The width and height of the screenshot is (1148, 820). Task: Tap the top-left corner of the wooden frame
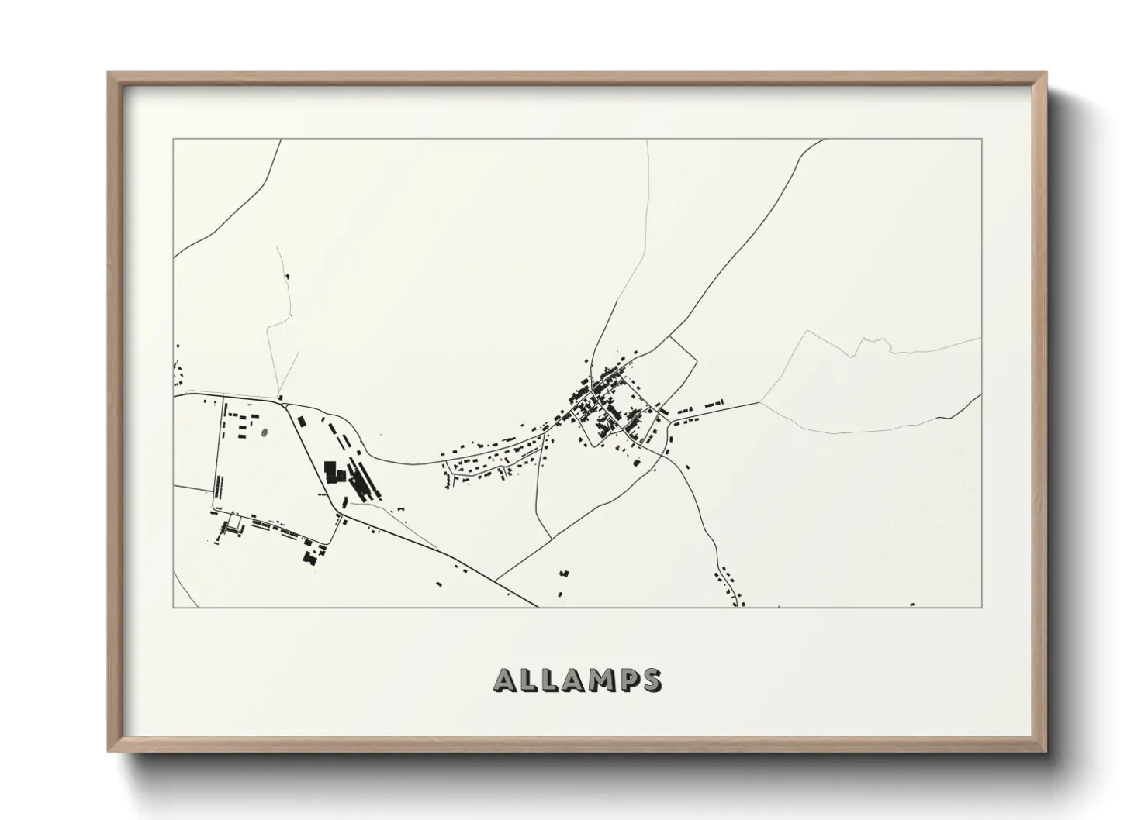click(109, 74)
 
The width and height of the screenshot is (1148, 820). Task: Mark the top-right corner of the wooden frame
click(1045, 74)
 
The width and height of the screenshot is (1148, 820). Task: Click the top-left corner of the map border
click(173, 139)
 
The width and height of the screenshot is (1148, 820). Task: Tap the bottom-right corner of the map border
click(982, 607)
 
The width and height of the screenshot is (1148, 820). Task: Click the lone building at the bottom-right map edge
click(912, 604)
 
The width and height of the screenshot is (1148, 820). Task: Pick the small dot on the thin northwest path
click(289, 275)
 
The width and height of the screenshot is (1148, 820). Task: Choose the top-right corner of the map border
click(982, 139)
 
